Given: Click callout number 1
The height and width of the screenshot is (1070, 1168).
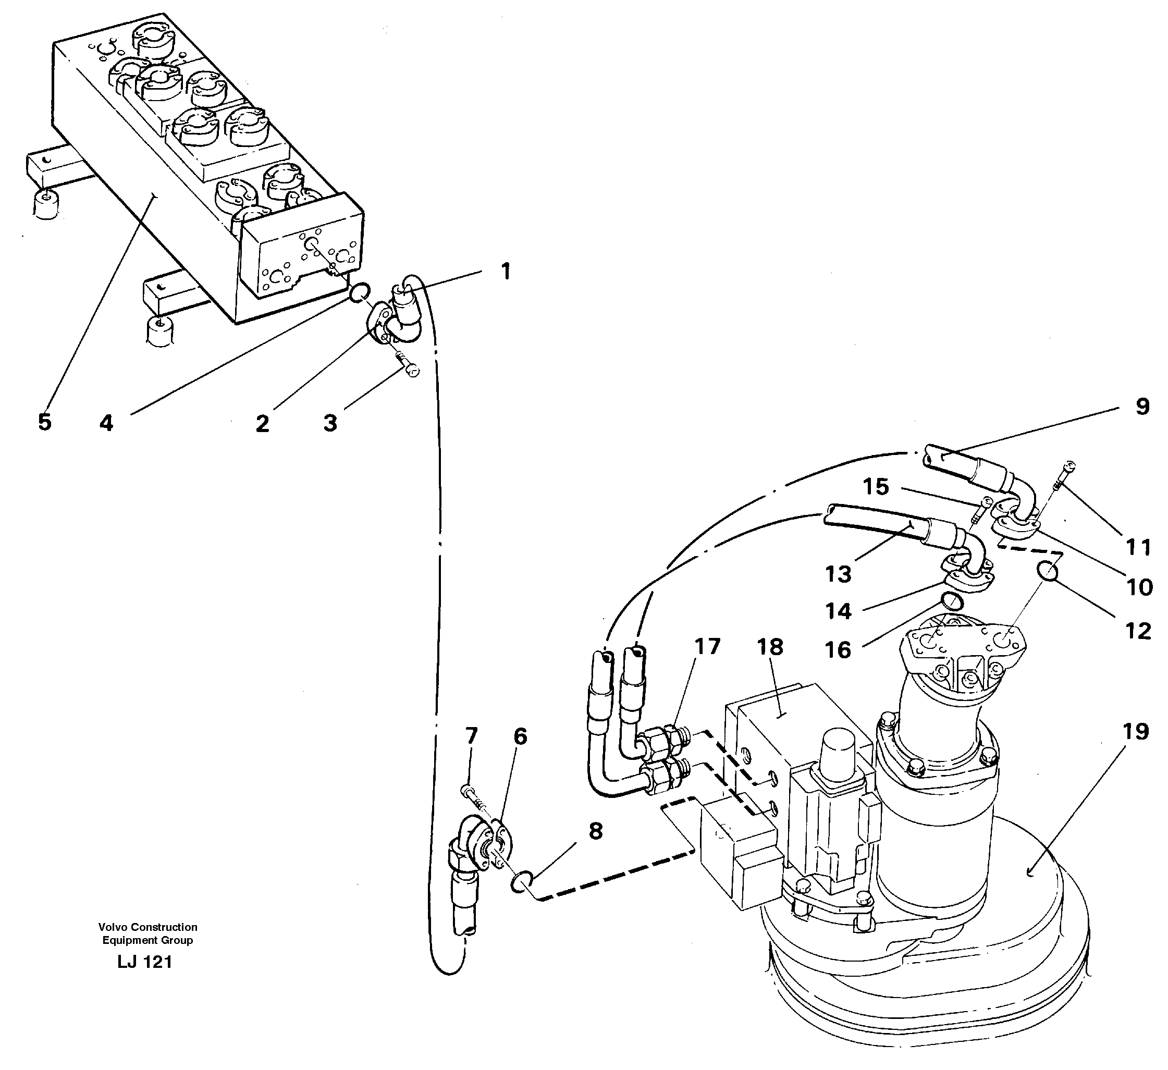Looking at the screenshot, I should click(505, 271).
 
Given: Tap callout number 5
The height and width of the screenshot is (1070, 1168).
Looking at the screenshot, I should click(45, 422).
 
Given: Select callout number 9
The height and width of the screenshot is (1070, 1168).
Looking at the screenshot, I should click(1142, 407).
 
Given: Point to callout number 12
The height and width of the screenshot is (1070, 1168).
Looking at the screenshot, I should click(1138, 631).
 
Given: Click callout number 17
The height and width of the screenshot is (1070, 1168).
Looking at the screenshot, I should click(707, 646).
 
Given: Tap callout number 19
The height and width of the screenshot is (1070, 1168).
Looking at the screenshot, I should click(1136, 732).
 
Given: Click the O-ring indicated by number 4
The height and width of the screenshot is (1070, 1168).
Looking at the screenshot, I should click(359, 292).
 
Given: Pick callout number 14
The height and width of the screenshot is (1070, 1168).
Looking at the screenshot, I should click(838, 611).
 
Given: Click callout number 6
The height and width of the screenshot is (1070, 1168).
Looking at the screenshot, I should click(520, 737).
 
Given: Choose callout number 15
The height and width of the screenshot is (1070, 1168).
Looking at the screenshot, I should click(876, 487).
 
